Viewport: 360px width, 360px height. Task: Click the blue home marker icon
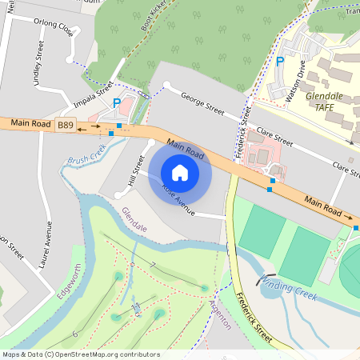click(180, 173)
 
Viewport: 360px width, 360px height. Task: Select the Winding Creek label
click(287, 288)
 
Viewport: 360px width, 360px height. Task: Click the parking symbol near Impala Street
click(117, 103)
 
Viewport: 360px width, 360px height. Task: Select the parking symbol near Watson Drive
click(280, 61)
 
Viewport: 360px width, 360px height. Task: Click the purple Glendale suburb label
click(134, 218)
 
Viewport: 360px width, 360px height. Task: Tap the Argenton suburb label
click(219, 313)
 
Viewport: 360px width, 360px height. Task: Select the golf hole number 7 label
click(151, 265)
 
